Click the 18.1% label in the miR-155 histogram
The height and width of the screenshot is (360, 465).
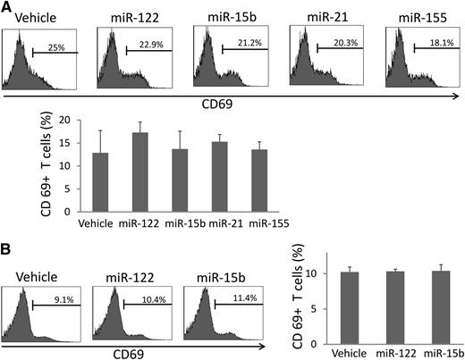click(435, 42)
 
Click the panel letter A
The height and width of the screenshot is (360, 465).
click(7, 8)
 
